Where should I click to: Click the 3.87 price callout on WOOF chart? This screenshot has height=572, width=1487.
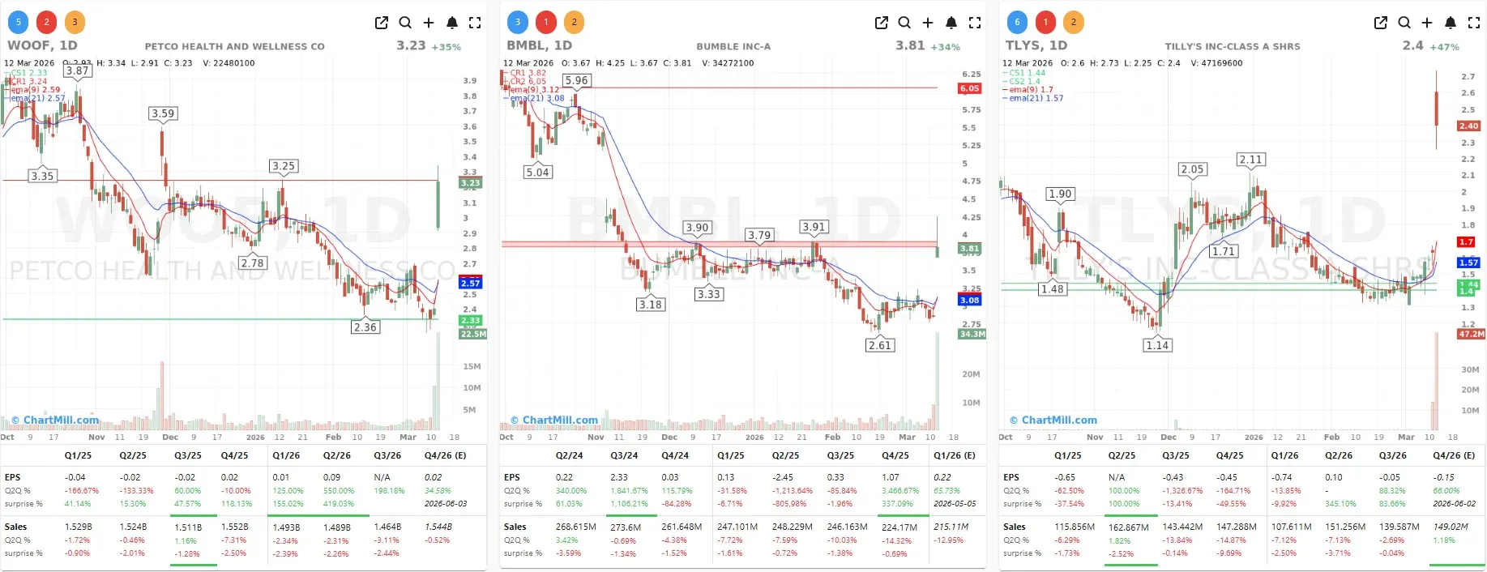point(77,70)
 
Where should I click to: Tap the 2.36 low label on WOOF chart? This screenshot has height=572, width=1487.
point(365,327)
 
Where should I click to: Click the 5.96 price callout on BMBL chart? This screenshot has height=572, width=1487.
point(576,80)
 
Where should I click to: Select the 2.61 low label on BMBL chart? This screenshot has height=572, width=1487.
point(879,345)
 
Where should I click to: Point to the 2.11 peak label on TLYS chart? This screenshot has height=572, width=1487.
point(1250,160)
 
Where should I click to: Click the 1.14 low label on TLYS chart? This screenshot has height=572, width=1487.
point(1157,345)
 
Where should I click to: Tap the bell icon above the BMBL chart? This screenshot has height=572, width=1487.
point(951,23)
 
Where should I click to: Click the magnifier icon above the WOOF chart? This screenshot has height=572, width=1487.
point(405,23)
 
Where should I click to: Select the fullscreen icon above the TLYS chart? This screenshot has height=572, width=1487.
point(1474,23)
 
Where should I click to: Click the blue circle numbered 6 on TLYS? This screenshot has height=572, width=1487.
point(1017,22)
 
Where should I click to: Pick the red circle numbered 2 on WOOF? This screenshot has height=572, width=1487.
point(46,22)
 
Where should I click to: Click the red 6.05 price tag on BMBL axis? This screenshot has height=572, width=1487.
point(969,88)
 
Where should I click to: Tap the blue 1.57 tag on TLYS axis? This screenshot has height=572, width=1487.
point(1468,263)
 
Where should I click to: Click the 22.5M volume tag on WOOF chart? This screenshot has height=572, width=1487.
point(473,334)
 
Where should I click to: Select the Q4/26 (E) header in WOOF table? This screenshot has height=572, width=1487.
point(445,455)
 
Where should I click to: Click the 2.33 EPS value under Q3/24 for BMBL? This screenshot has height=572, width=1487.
point(619,477)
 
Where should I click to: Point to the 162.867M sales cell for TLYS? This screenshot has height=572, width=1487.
point(1128,527)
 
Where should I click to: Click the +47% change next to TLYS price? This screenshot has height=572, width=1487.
point(1444,47)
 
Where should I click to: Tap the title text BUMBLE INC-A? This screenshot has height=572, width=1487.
point(733,47)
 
